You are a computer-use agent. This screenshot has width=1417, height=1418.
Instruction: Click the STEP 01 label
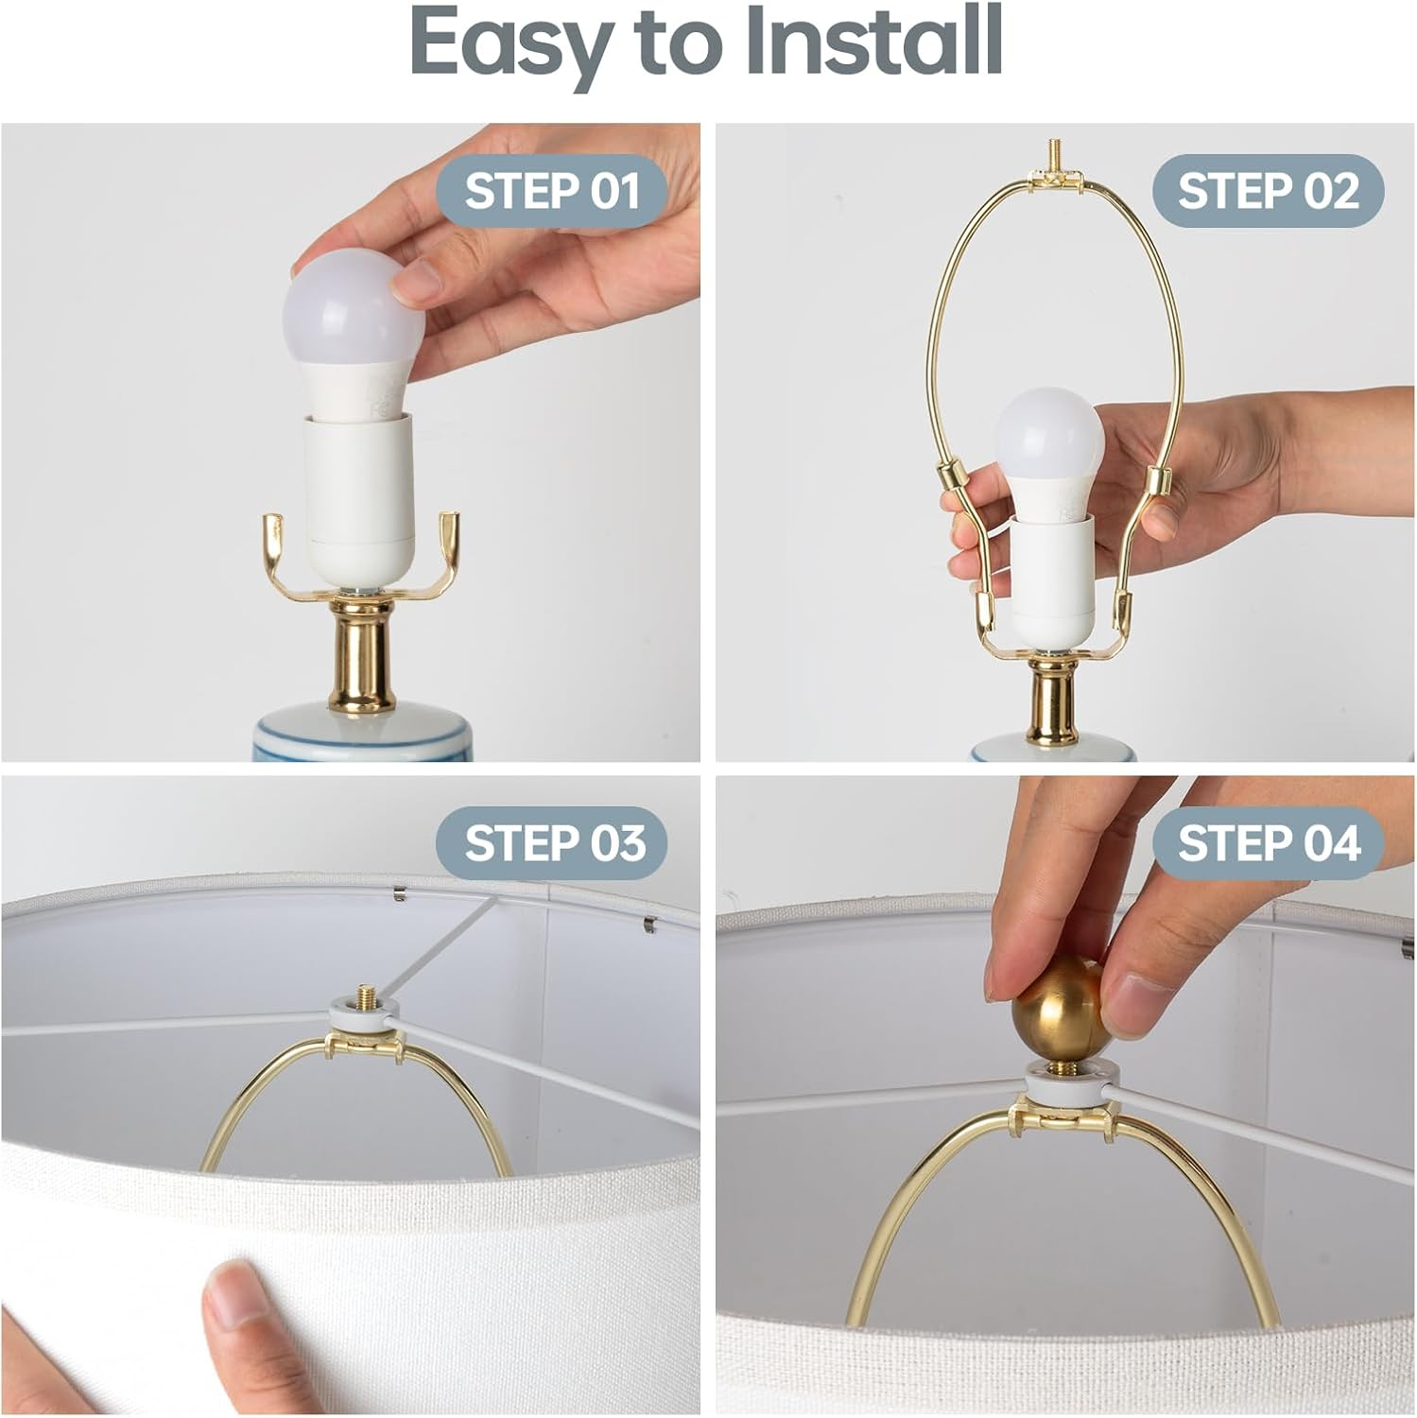[x=552, y=190]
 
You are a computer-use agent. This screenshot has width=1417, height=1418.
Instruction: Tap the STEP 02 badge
[x=1268, y=190]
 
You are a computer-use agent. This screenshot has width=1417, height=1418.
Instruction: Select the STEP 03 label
[x=552, y=843]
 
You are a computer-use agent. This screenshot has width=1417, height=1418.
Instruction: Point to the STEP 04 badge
[x=1268, y=843]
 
